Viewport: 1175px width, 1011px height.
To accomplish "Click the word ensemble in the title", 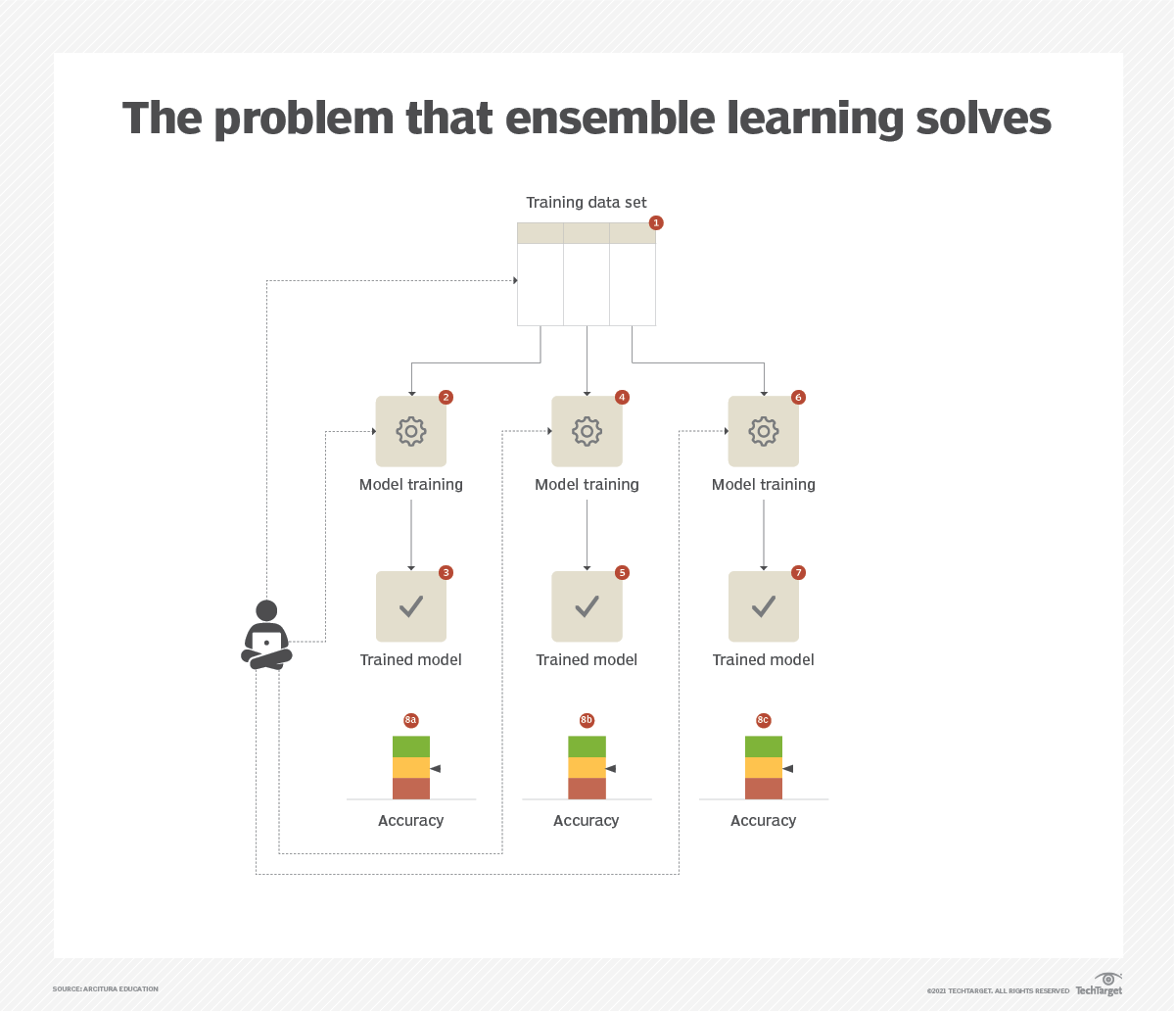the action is click(x=609, y=118).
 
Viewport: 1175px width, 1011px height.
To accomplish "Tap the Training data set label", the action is click(x=587, y=203).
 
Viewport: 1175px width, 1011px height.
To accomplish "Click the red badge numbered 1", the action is click(x=656, y=223).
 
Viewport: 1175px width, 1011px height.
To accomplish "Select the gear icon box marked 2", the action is click(x=411, y=431).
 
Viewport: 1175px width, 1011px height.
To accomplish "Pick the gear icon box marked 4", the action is click(x=587, y=431).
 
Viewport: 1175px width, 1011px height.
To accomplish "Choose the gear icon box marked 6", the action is click(x=764, y=431).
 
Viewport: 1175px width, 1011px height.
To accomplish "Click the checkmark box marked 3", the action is click(x=411, y=606).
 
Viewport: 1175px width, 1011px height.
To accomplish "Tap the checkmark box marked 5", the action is click(x=587, y=606).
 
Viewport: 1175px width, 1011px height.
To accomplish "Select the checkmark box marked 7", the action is click(x=764, y=606).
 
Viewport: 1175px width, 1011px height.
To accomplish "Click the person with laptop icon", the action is click(x=266, y=635).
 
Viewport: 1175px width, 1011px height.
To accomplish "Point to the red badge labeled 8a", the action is click(x=410, y=720).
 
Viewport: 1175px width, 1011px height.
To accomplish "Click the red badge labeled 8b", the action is click(x=587, y=720).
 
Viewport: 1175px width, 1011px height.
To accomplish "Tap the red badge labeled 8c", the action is click(x=763, y=720).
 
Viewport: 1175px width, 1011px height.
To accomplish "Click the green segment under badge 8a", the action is click(x=411, y=746).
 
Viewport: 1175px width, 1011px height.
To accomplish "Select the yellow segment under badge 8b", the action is click(x=587, y=768).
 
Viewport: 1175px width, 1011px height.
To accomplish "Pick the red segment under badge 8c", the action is click(x=764, y=789).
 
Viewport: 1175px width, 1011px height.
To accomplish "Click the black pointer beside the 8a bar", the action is click(x=436, y=769).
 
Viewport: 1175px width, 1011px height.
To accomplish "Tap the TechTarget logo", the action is click(x=1099, y=985).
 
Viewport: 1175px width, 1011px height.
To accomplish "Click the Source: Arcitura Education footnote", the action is click(x=105, y=988).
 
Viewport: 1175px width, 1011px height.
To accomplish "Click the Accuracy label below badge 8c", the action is click(x=763, y=821).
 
